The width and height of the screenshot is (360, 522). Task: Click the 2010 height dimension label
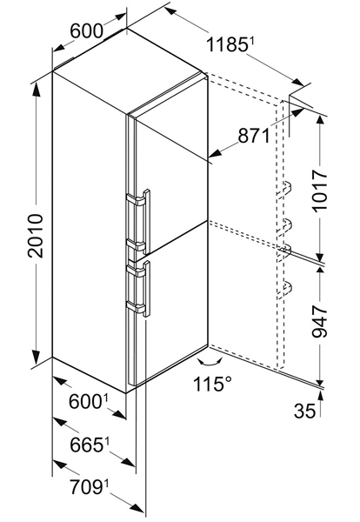coord(36,236)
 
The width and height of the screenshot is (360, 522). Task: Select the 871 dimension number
coord(254,136)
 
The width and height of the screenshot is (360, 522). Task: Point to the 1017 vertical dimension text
coord(320,190)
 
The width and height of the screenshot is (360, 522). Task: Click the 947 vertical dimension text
coord(320,322)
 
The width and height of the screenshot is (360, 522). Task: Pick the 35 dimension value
coord(304,411)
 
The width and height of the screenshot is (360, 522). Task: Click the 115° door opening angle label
coord(212,384)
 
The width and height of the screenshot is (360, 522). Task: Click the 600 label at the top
coord(86,31)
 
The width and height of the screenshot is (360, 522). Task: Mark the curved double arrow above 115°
coord(210,363)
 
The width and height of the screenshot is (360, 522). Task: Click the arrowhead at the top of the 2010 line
coord(36,90)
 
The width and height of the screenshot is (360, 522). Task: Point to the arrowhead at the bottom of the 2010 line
coord(36,358)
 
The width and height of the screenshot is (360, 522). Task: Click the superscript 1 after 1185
coord(252,41)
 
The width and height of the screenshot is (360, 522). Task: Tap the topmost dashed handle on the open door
coord(285,188)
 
